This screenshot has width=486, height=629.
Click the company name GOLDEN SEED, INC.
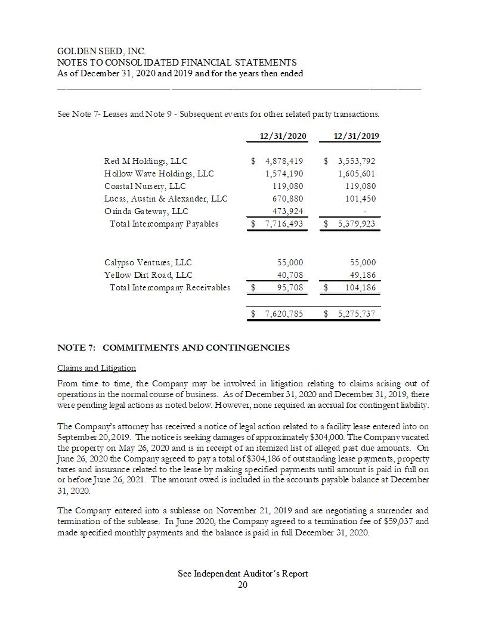click(101, 52)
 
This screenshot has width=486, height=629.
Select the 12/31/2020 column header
click(283, 136)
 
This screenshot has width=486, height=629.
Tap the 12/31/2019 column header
click(357, 136)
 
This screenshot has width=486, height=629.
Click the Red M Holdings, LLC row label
click(146, 161)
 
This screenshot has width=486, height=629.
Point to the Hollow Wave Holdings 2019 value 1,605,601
click(357, 173)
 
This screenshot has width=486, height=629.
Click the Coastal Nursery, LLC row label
click(145, 186)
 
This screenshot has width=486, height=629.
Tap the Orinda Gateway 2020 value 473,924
click(286, 211)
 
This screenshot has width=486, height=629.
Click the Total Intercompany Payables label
click(164, 224)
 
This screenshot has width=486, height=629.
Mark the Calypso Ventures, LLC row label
click(148, 262)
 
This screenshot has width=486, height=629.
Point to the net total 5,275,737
click(357, 313)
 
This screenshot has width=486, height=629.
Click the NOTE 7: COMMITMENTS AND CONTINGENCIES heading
click(174, 348)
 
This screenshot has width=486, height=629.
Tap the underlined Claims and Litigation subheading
click(96, 368)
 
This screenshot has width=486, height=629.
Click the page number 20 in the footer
click(243, 585)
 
